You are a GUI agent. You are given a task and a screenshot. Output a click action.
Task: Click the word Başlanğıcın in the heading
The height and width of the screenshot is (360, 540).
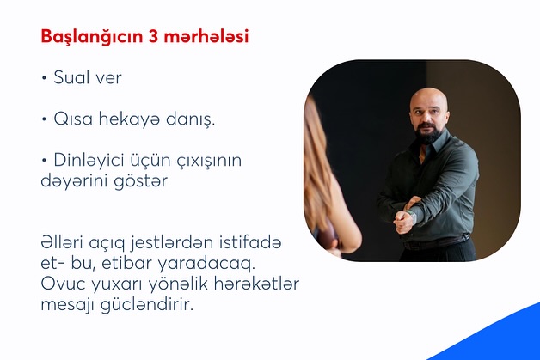[x=87, y=38]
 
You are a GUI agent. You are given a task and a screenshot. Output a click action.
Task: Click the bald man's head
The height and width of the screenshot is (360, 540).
[x=427, y=101]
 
